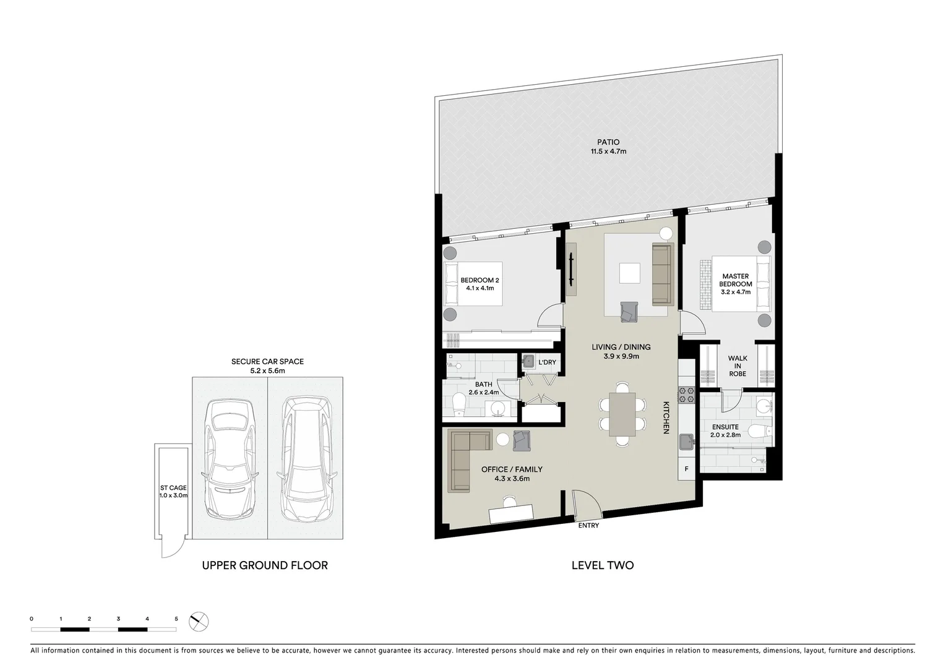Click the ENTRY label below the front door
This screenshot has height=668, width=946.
tap(588, 526)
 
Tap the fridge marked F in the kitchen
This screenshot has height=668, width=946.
tap(686, 469)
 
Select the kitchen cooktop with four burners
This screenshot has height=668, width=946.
tap(686, 395)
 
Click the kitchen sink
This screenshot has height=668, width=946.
tap(686, 441)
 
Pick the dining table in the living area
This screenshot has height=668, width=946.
tap(622, 414)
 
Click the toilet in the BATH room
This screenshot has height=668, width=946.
tap(458, 405)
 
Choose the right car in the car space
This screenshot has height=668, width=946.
tap(307, 458)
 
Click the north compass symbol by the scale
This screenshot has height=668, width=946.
tap(199, 621)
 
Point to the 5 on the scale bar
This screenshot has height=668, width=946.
tap(176, 619)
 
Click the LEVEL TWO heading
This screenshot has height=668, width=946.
tap(602, 565)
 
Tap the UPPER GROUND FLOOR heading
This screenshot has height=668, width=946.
tap(265, 565)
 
